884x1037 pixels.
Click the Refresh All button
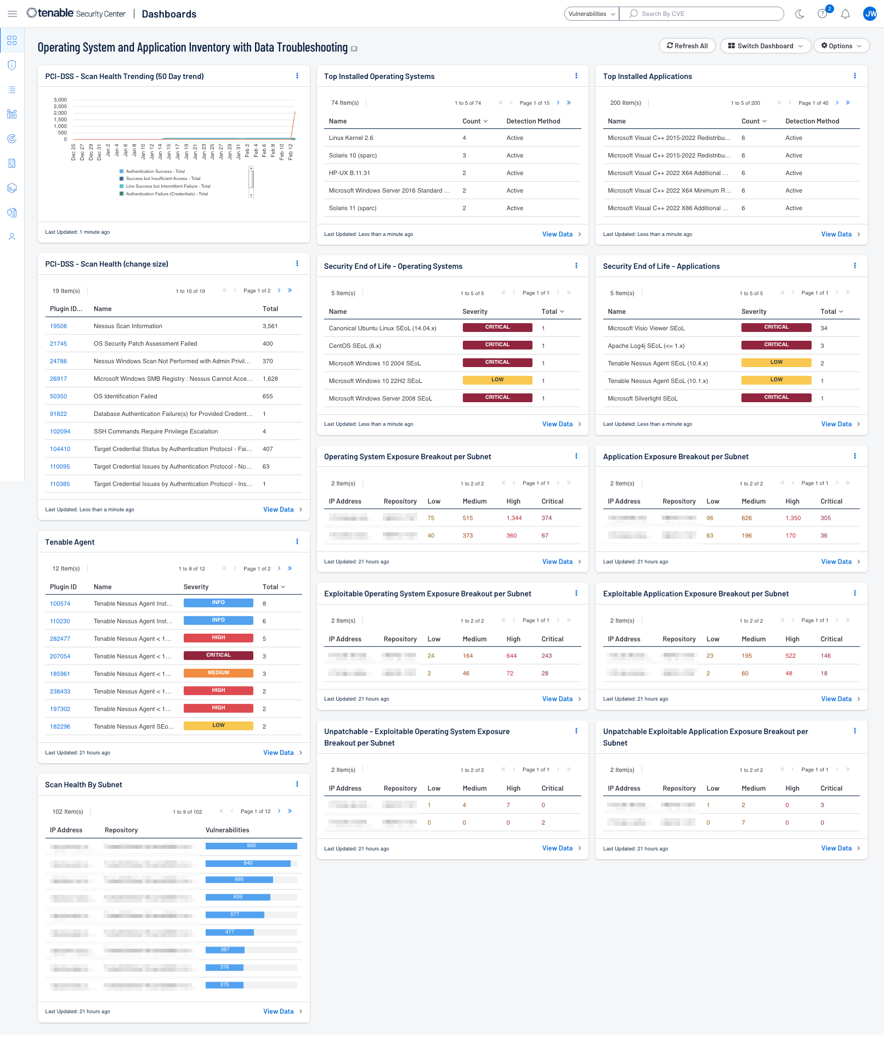(687, 46)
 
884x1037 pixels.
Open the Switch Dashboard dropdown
(765, 46)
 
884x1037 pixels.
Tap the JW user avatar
(870, 14)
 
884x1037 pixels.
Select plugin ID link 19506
(58, 326)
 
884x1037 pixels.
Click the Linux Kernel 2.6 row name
(351, 138)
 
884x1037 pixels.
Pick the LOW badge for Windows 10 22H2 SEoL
(497, 380)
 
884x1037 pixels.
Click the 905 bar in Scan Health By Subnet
(251, 846)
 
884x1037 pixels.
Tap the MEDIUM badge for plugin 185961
(218, 673)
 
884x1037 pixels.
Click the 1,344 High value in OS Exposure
(514, 518)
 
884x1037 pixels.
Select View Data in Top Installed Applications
(836, 234)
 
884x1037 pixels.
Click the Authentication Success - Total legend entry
(155, 171)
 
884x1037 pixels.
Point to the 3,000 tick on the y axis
(60, 100)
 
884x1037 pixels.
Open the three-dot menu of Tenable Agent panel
(297, 542)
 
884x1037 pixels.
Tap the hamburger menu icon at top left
(12, 14)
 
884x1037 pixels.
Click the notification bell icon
(845, 14)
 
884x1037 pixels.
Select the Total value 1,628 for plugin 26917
(270, 379)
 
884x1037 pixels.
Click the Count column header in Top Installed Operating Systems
(472, 121)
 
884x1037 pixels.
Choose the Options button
(841, 46)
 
